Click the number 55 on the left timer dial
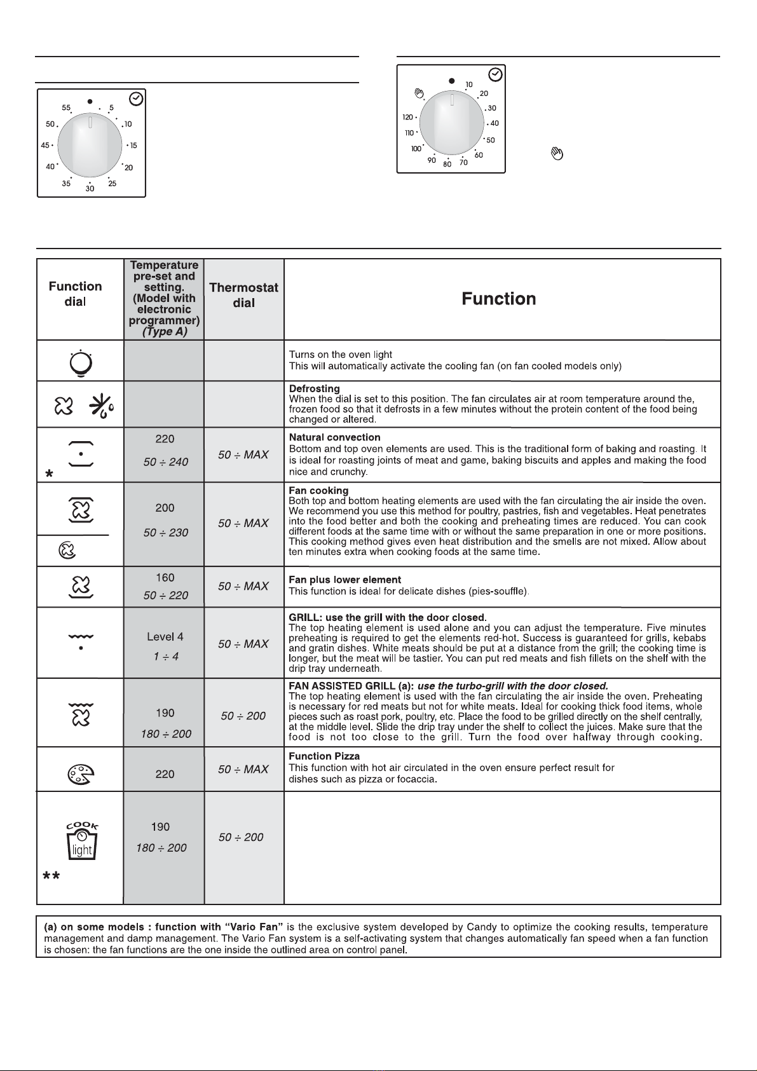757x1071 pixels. (x=66, y=109)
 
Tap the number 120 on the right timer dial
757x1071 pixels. (x=408, y=118)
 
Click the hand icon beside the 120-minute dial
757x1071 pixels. (x=418, y=94)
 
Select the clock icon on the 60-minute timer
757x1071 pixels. (x=135, y=99)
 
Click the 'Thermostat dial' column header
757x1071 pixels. (x=244, y=295)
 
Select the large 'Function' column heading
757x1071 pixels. (x=499, y=299)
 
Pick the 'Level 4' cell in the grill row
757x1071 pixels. (x=165, y=637)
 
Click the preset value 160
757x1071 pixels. (x=165, y=578)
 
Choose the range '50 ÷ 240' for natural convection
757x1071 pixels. (x=165, y=462)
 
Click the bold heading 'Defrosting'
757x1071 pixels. (x=314, y=388)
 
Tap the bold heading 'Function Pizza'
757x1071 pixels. (x=324, y=756)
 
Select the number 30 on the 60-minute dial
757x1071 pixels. (x=90, y=189)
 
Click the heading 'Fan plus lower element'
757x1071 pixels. (x=344, y=580)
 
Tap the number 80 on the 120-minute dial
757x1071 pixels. (x=447, y=165)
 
